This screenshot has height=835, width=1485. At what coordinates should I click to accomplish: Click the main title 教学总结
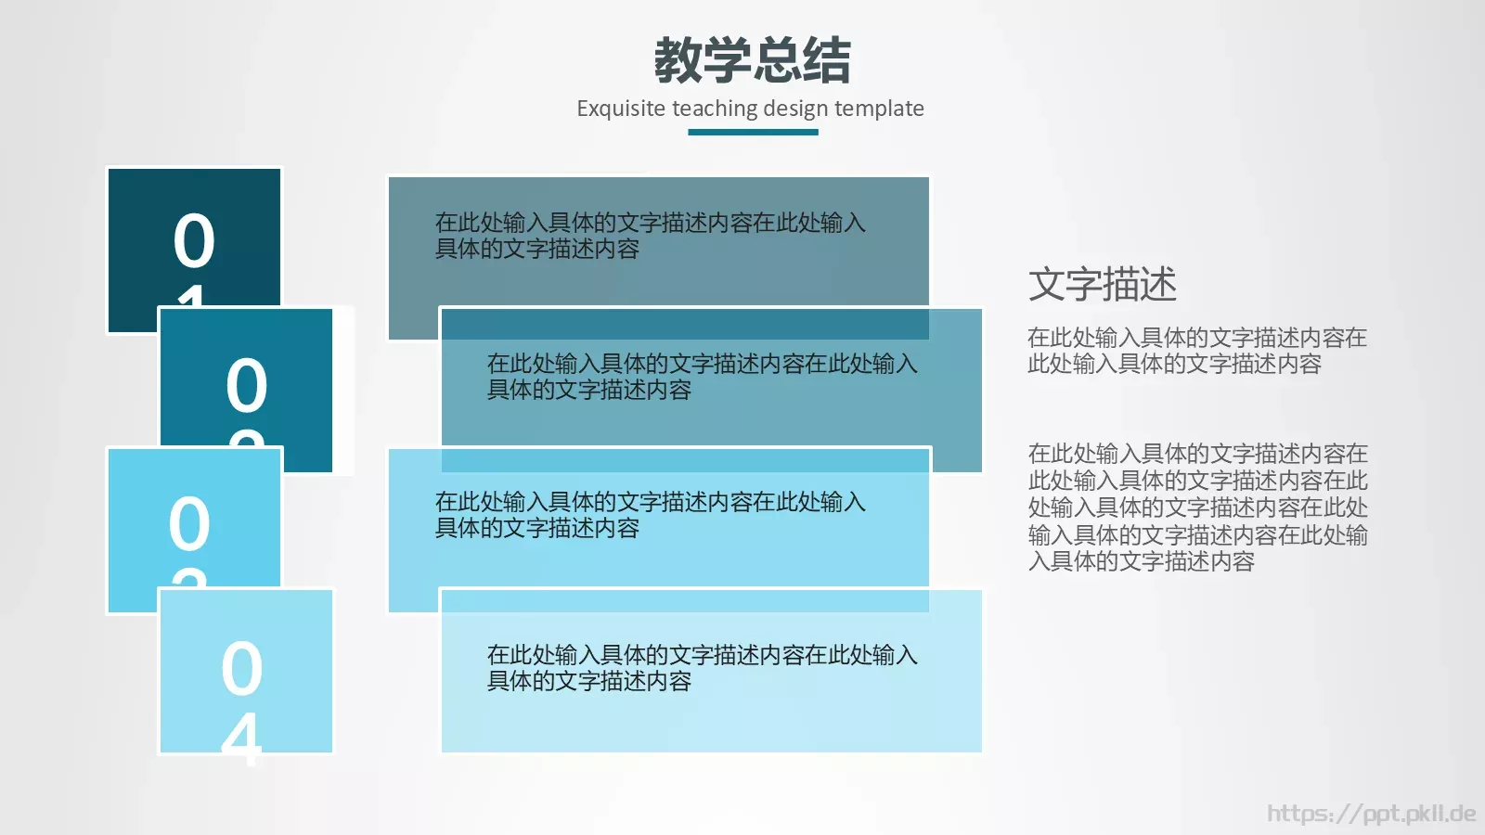(x=752, y=60)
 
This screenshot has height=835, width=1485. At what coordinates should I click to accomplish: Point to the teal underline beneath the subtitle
(x=753, y=132)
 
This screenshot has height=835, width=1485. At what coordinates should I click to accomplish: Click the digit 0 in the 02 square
(x=247, y=386)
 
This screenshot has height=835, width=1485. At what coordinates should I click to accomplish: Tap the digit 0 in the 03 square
(x=189, y=524)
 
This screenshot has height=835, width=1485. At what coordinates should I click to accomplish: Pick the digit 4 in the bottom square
(x=241, y=739)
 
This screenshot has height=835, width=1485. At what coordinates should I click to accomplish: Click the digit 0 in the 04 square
(x=241, y=668)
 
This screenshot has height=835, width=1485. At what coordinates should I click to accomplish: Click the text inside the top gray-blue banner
(x=650, y=236)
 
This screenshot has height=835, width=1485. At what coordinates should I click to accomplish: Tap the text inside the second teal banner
(x=702, y=377)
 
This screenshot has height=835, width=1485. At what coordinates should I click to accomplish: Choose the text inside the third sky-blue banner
(x=650, y=515)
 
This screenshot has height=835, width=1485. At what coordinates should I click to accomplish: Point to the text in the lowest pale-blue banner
(x=702, y=668)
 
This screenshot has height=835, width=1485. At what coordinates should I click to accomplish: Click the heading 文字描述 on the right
(x=1103, y=284)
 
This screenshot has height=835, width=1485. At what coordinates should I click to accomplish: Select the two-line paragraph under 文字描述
(x=1196, y=351)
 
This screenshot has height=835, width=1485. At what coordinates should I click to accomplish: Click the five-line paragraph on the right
(x=1197, y=507)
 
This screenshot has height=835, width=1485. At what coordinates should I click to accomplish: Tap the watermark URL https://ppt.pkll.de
(x=1371, y=814)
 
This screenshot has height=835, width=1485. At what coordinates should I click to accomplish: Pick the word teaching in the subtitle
(x=715, y=109)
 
